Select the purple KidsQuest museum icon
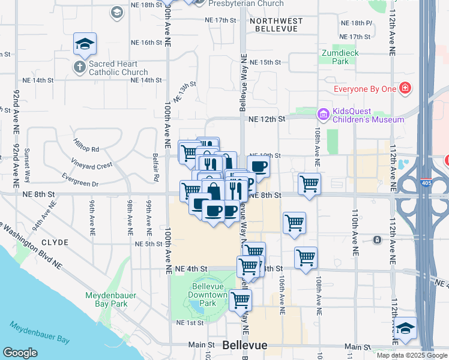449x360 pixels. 324,113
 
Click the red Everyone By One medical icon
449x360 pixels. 405,89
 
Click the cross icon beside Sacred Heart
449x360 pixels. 80,67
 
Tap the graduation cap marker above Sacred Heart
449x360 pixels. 85,44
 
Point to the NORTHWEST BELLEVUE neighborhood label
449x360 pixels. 276,25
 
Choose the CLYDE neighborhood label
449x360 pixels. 55,242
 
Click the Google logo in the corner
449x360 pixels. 20,353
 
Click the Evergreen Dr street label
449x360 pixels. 80,180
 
